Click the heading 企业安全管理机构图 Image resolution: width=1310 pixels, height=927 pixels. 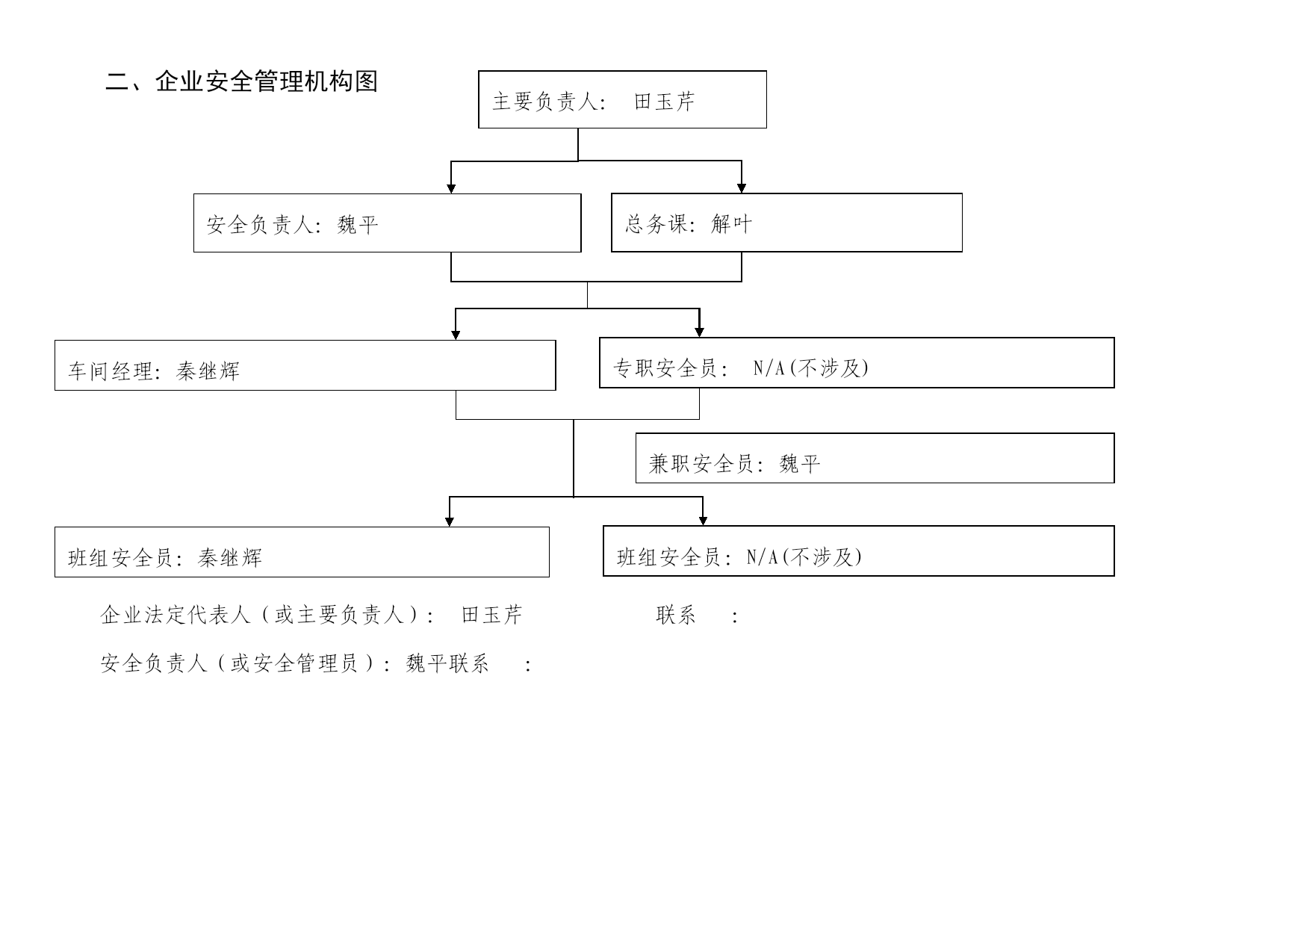[x=267, y=81]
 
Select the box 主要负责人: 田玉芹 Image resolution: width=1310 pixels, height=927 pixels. [x=622, y=99]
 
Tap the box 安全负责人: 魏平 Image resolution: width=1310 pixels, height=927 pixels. [x=387, y=223]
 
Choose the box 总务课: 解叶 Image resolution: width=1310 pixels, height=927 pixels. [x=786, y=223]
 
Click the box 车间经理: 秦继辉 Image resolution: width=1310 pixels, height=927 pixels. [x=305, y=365]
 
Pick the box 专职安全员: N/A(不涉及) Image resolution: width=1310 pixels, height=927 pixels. [x=857, y=363]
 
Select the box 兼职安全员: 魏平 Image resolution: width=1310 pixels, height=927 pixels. [x=875, y=458]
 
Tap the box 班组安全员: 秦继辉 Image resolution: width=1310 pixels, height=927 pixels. [x=302, y=552]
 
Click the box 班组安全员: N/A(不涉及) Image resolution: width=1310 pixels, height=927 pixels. [x=858, y=551]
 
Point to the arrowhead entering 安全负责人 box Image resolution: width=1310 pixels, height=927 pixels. [x=451, y=188]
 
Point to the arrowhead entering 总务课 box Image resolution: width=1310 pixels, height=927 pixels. [x=742, y=187]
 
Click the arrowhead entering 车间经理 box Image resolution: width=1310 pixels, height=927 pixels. [x=456, y=335]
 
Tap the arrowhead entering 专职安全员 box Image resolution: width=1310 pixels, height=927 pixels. [x=700, y=332]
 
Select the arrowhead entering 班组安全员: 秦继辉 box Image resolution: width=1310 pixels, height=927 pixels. [x=450, y=521]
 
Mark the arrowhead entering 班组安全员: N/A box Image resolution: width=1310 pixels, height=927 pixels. [x=703, y=521]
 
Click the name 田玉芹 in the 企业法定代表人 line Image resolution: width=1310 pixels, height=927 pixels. [x=491, y=616]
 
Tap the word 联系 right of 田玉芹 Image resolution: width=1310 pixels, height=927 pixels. [x=676, y=616]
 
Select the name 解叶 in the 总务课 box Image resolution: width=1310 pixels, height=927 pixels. [x=732, y=223]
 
